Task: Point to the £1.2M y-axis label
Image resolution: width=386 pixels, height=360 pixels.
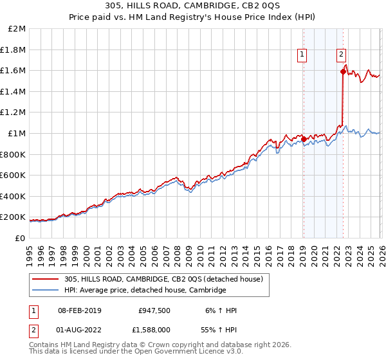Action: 14,113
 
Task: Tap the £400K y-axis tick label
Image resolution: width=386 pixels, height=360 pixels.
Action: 14,196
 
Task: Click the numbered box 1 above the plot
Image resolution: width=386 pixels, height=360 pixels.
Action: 302,56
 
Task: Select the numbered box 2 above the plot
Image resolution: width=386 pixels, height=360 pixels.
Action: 341,56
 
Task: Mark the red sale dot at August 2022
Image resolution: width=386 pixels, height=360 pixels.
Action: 343,72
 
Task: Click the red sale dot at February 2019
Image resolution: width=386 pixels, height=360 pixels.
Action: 304,139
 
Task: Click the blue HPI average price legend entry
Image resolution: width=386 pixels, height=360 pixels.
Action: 145,291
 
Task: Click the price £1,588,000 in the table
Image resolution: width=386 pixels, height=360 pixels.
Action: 154,330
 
